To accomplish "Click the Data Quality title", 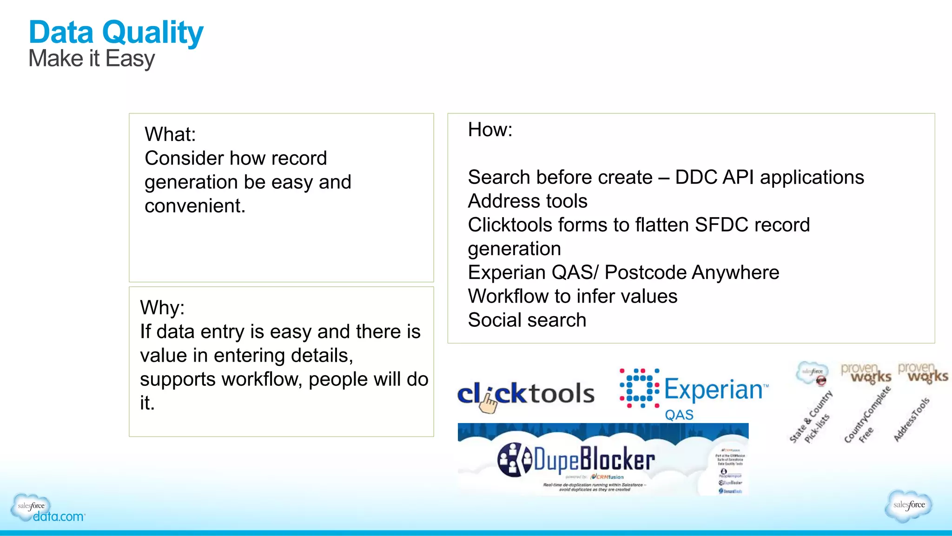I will click(116, 33).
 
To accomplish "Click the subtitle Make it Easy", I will click(92, 59).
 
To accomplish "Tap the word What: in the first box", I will click(170, 134).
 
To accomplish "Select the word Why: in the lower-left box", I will click(162, 308).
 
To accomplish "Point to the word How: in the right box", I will click(490, 130).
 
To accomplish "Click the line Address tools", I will click(528, 201).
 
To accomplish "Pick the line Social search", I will click(527, 320).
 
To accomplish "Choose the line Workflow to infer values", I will click(572, 297).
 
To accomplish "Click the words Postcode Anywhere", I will click(692, 273).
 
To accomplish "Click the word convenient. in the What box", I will click(195, 206).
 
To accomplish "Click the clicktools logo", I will click(526, 394).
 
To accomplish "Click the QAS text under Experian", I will click(679, 415).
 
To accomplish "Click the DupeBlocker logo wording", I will click(595, 459).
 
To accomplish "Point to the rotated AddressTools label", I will click(912, 419).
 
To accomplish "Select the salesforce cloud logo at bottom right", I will click(909, 505).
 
